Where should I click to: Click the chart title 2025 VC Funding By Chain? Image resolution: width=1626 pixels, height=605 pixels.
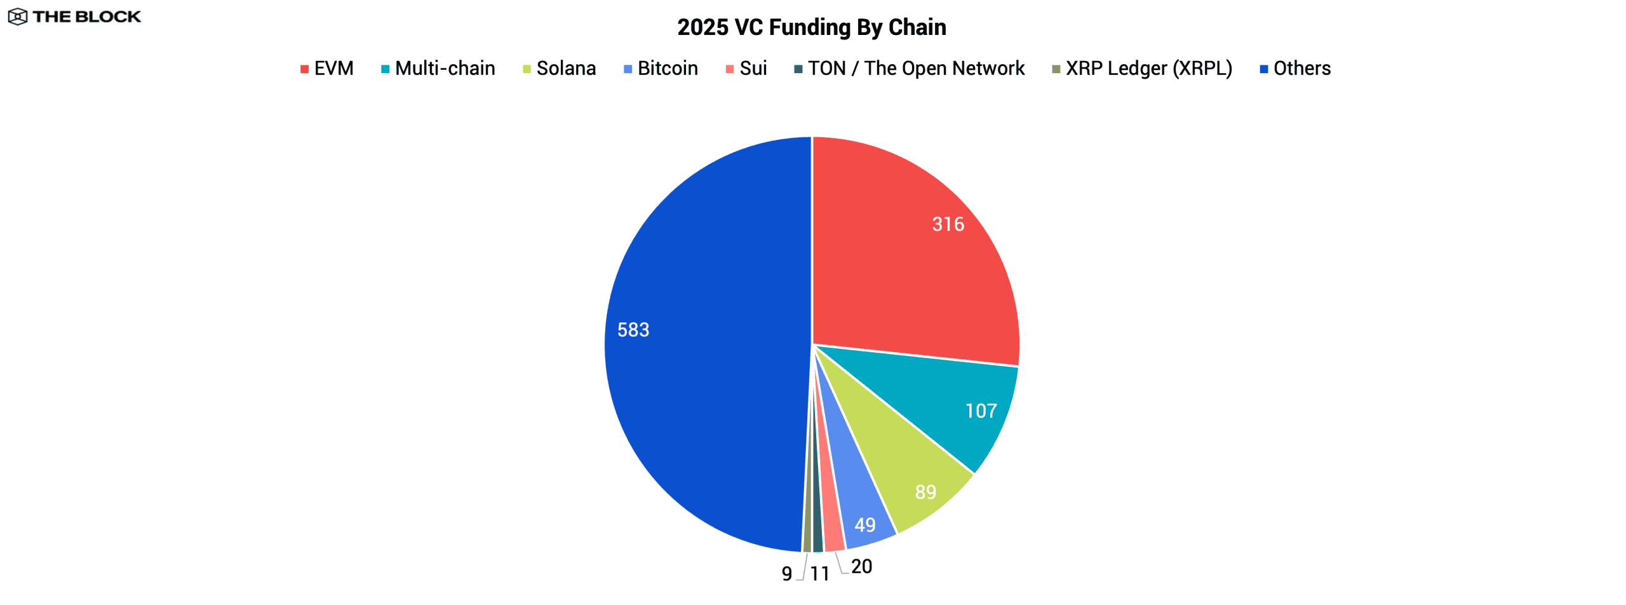[811, 27]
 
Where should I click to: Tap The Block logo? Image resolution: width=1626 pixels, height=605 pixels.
[74, 17]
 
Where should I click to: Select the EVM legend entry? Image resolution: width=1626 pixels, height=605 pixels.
[326, 68]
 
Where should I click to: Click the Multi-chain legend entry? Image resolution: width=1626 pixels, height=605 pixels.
[438, 68]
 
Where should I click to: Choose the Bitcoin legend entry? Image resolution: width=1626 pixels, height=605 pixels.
[661, 68]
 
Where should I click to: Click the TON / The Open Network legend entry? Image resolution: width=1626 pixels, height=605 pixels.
[909, 68]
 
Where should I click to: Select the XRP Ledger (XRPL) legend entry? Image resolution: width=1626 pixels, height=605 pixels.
[1141, 68]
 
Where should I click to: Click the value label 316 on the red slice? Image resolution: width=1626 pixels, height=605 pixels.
[948, 224]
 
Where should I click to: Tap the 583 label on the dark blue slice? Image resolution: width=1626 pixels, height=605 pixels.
[633, 330]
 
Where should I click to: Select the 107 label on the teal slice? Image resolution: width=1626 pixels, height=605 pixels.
[981, 411]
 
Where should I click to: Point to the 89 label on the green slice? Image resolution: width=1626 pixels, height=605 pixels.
[925, 492]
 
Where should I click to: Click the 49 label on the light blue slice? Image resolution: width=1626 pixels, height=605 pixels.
[864, 525]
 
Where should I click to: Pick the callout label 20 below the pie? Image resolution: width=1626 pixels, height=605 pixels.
[861, 566]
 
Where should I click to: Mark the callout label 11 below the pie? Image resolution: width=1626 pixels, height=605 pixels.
[819, 574]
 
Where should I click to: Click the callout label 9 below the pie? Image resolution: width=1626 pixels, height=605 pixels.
[787, 574]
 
